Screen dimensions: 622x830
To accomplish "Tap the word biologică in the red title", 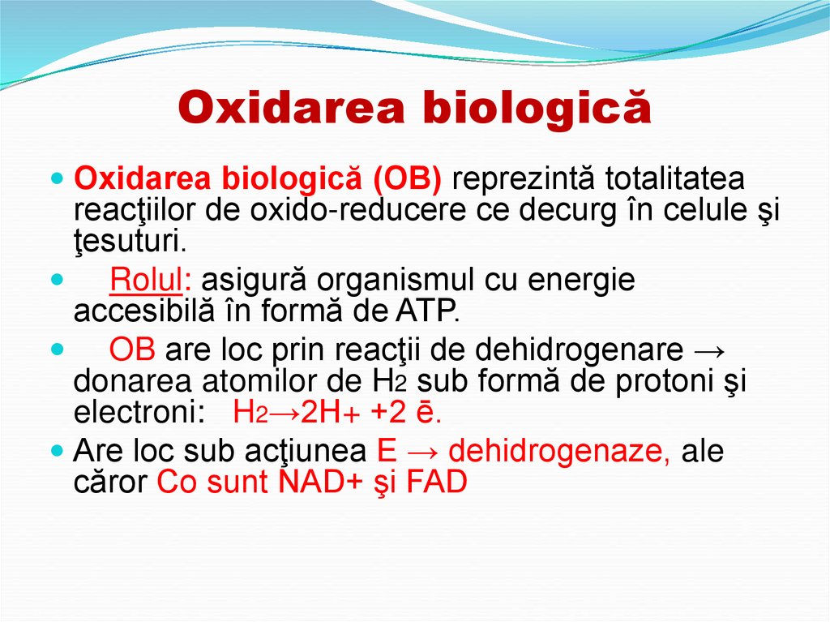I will coord(539,108).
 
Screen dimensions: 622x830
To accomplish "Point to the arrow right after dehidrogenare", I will coord(714,350).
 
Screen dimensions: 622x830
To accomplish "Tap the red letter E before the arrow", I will coord(387,451).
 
